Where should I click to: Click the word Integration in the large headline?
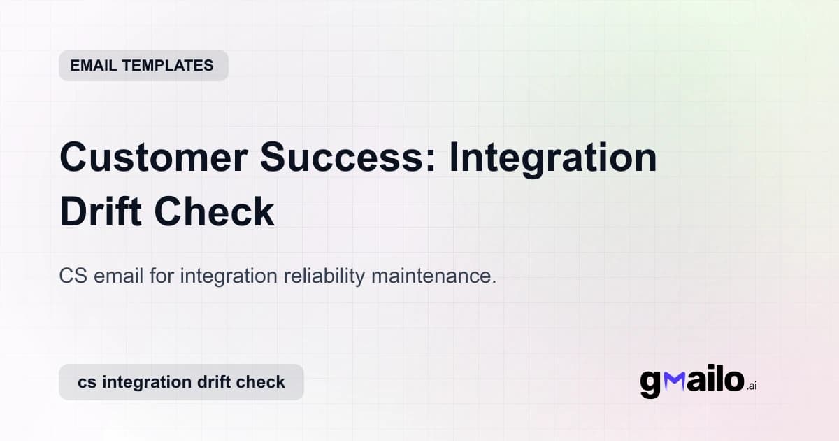(x=552, y=158)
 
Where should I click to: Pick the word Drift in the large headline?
(x=105, y=211)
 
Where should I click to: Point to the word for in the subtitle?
(x=163, y=276)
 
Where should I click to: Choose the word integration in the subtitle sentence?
(x=229, y=276)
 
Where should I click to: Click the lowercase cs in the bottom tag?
(x=87, y=382)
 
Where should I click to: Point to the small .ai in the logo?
(x=752, y=386)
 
